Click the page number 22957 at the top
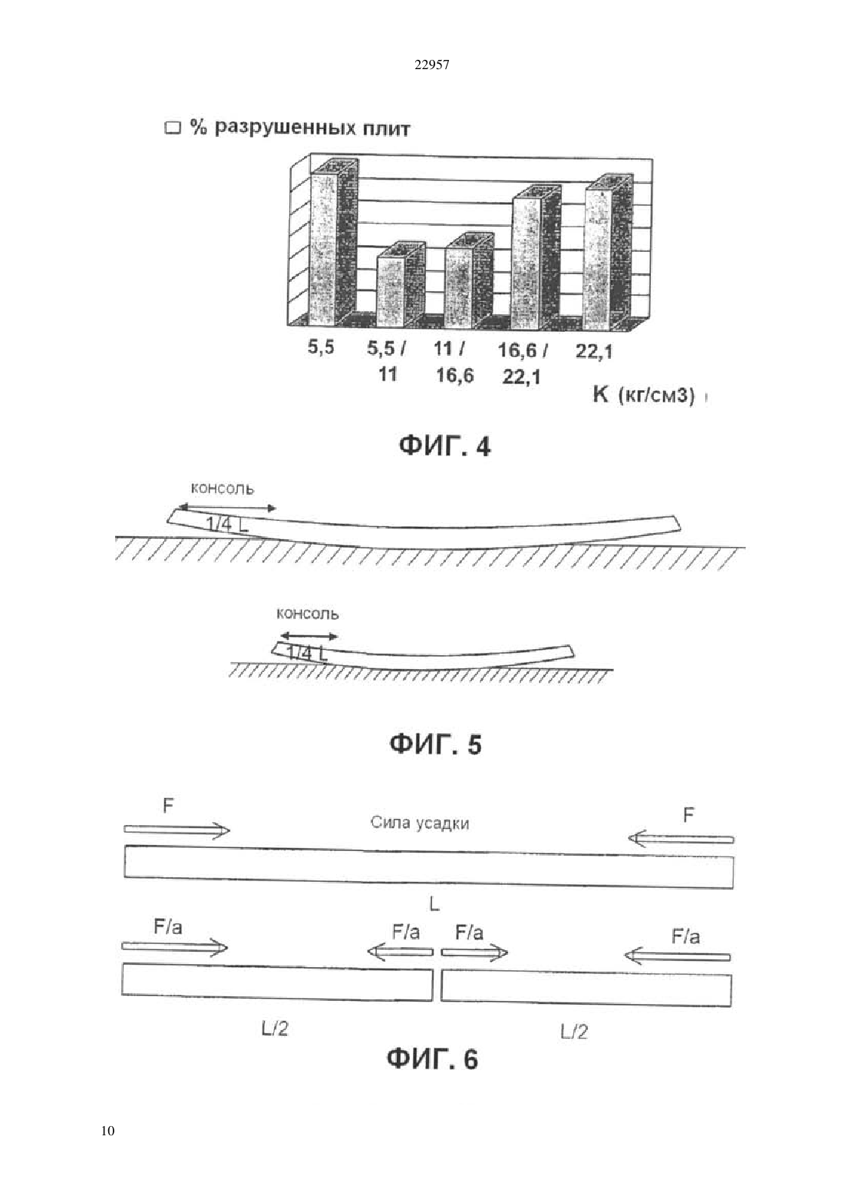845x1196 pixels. (431, 65)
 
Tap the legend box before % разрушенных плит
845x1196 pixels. (173, 129)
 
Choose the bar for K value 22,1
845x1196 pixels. (609, 253)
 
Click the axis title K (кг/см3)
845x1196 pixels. (643, 396)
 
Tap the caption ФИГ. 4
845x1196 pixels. (444, 446)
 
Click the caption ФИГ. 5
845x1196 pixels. (435, 744)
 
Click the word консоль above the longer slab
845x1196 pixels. (223, 489)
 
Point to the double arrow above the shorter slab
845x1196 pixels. (309, 636)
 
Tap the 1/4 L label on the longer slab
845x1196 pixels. (227, 525)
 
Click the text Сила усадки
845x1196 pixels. (420, 823)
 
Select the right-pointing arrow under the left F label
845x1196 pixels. (177, 830)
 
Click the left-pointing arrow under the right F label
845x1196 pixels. (681, 839)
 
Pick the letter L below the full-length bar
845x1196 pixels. (434, 904)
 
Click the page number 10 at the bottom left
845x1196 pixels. (107, 1131)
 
